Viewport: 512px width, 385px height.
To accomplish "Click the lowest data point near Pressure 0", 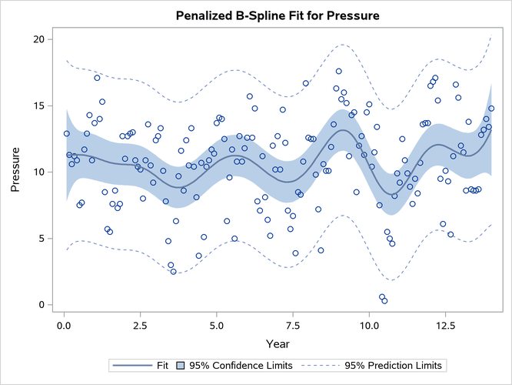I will [384, 301].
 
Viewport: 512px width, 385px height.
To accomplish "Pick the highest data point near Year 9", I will [338, 72].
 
